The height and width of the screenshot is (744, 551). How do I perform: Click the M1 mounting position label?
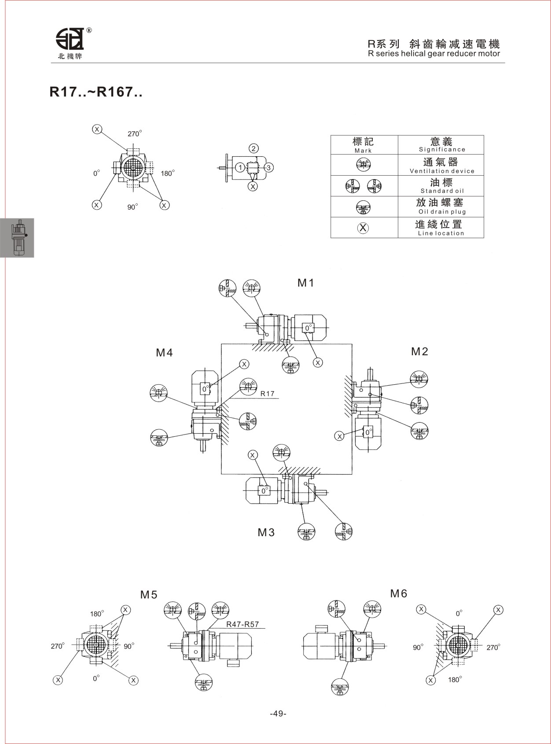click(305, 283)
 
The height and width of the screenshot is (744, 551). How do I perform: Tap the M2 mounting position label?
click(419, 352)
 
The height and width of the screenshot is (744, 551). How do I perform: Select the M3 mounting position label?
click(266, 532)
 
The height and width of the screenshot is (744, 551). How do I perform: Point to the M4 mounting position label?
click(164, 353)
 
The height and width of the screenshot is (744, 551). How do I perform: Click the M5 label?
click(149, 595)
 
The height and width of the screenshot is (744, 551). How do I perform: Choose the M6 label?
click(398, 594)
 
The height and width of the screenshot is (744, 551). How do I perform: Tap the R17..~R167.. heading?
click(96, 92)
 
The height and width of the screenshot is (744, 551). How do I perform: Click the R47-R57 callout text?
click(242, 624)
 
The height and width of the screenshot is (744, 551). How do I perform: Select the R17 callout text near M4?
click(267, 394)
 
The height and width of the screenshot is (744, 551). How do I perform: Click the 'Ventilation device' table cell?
click(441, 165)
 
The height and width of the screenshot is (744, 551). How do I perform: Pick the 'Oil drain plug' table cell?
click(441, 206)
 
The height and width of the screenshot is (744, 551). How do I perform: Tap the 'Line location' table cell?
click(441, 228)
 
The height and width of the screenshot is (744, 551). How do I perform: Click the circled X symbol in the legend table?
click(363, 228)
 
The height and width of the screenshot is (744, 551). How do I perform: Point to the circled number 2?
click(253, 149)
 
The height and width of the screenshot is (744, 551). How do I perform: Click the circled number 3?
click(268, 167)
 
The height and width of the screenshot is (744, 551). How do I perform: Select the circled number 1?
click(240, 167)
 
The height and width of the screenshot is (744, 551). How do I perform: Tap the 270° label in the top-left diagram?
click(135, 133)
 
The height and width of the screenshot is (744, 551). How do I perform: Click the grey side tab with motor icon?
click(17, 238)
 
